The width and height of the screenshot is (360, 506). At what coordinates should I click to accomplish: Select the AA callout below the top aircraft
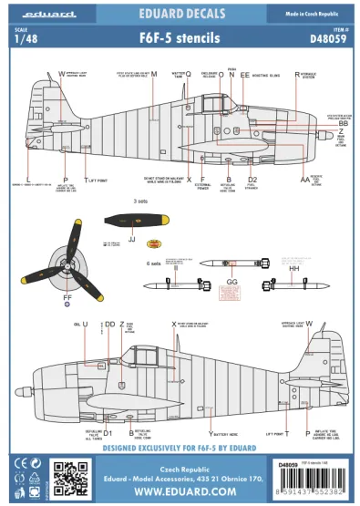point(305,181)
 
